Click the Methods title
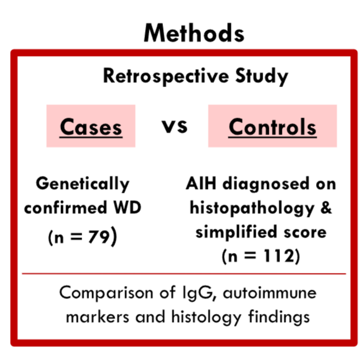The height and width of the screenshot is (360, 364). [194, 33]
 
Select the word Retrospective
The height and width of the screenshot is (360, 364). [166, 76]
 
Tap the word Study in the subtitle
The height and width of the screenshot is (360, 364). [261, 76]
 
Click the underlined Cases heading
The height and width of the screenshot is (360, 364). [91, 127]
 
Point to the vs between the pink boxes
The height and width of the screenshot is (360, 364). [174, 126]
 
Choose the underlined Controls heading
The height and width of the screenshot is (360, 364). [273, 127]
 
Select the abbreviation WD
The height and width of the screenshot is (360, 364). [128, 207]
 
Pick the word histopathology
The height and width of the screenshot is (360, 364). [252, 208]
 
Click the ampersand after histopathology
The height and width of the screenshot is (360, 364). [326, 207]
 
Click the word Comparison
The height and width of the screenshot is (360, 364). [106, 293]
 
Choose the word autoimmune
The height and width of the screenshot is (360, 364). [269, 293]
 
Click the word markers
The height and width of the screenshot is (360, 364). [98, 317]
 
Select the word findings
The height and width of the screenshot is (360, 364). [279, 318]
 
